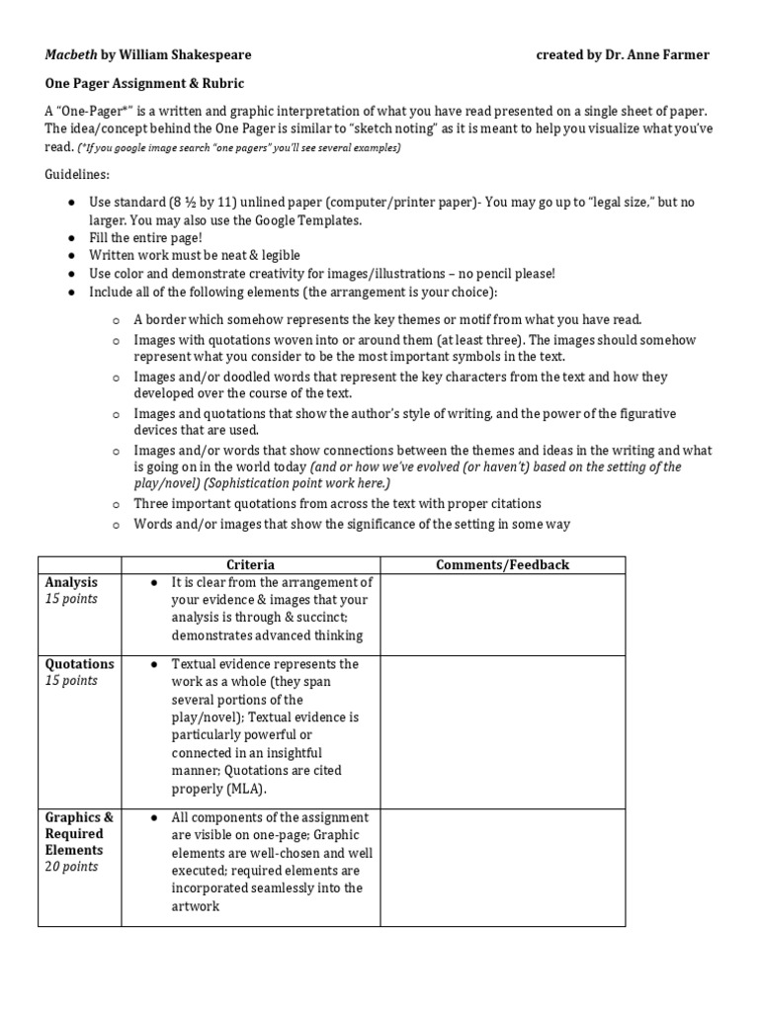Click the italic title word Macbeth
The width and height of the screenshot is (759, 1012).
(x=70, y=54)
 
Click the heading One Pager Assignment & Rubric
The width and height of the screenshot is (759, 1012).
(x=143, y=84)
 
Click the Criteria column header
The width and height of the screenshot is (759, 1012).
(x=250, y=564)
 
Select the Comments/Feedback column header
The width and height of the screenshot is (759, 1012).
(x=503, y=564)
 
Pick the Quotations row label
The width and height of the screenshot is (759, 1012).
(x=79, y=663)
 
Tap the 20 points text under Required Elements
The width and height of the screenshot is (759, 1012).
(x=71, y=867)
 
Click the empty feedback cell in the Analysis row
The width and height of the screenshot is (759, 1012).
(x=503, y=614)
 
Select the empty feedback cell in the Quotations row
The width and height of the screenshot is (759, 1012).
(x=503, y=731)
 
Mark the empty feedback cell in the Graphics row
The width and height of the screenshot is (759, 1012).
(x=503, y=867)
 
